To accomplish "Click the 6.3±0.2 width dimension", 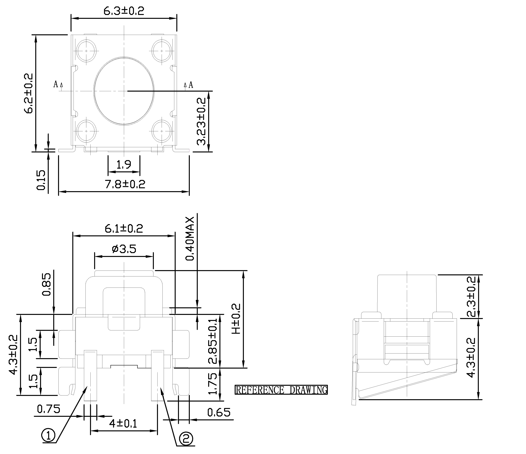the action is pyautogui.click(x=124, y=11).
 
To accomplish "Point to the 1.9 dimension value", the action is pyautogui.click(x=124, y=165).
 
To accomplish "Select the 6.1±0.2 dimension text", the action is pyautogui.click(x=124, y=228).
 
